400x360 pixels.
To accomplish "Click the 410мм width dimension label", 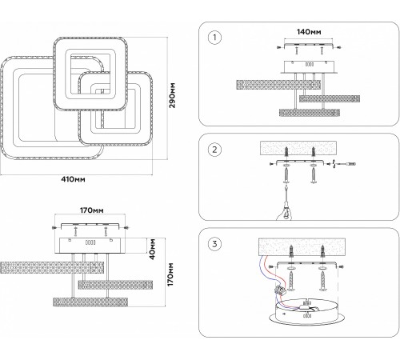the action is click(x=74, y=179).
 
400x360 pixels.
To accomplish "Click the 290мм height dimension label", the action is click(x=172, y=95).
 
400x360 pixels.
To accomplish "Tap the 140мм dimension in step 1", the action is click(x=309, y=32).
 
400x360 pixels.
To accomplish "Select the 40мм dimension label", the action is click(x=152, y=249).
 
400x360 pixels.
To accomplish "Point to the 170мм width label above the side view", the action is click(x=92, y=210).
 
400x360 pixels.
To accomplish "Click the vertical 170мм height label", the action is click(x=170, y=274).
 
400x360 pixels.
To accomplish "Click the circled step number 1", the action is click(x=214, y=38).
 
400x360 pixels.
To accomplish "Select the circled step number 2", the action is click(x=214, y=150).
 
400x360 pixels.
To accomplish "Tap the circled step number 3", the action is click(x=214, y=244).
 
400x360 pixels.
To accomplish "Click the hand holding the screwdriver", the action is click(x=284, y=212).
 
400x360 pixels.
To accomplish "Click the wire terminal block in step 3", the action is click(x=279, y=289).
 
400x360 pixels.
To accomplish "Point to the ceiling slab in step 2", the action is click(x=298, y=148).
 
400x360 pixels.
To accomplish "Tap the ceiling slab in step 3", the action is click(x=302, y=246).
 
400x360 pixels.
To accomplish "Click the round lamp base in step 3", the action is click(x=306, y=313).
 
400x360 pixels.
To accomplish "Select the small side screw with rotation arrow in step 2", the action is click(x=345, y=163).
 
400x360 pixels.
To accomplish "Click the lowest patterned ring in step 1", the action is click(x=310, y=112).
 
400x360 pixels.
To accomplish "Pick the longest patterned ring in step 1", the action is click(x=278, y=85).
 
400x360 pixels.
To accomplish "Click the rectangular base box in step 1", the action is click(x=310, y=66).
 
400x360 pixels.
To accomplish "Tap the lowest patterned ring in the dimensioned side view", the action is click(x=90, y=302).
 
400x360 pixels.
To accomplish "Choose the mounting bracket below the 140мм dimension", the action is click(x=309, y=46).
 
